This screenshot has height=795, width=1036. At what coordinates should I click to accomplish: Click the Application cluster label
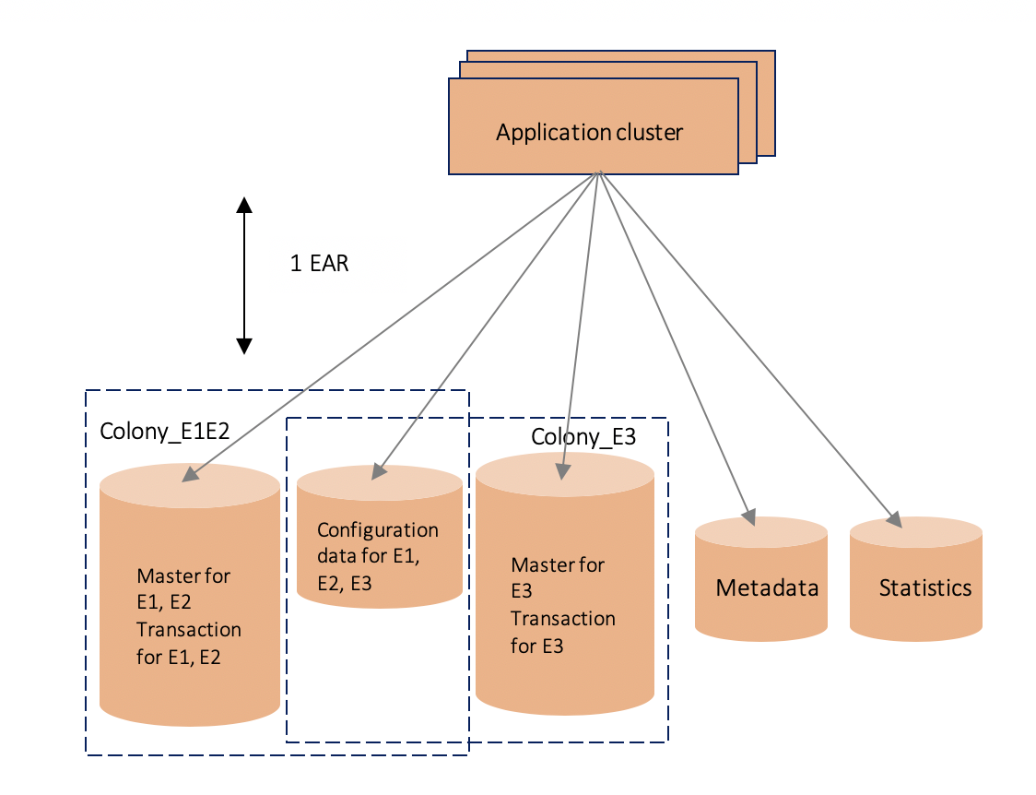[x=589, y=132]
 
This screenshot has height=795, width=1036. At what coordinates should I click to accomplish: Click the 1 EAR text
[x=319, y=264]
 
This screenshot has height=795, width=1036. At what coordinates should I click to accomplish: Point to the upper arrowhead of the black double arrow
[x=244, y=205]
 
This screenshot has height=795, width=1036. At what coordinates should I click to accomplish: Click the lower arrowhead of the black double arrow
[x=244, y=346]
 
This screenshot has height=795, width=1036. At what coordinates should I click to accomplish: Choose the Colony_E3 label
[x=583, y=435]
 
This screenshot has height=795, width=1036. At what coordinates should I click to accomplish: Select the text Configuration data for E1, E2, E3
[x=377, y=556]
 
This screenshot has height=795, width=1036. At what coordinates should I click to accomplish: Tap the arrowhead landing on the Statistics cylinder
[x=893, y=521]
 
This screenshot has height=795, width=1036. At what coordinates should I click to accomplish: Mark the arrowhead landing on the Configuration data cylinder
[x=378, y=473]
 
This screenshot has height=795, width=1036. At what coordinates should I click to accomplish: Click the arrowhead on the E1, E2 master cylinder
[x=190, y=475]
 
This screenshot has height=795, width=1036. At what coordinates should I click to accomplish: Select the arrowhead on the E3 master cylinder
[x=561, y=472]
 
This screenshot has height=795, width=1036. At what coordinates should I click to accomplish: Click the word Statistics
[x=924, y=587]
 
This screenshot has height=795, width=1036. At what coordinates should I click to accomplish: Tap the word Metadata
[x=767, y=587]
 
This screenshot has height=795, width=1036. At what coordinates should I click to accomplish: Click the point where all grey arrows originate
[x=600, y=173]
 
